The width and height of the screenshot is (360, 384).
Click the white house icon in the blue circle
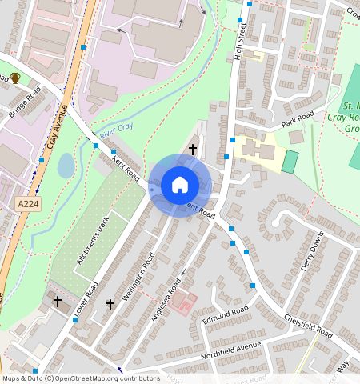[x=180, y=185]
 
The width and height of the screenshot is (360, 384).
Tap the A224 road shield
[x=28, y=205]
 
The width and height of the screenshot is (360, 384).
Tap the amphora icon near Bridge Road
[x=15, y=78]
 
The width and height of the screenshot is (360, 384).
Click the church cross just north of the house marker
[x=192, y=149]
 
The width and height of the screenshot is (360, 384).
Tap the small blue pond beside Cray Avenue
[x=66, y=166]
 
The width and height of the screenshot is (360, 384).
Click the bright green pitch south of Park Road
[x=290, y=160]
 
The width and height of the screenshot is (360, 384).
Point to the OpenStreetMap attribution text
[x=81, y=378]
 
